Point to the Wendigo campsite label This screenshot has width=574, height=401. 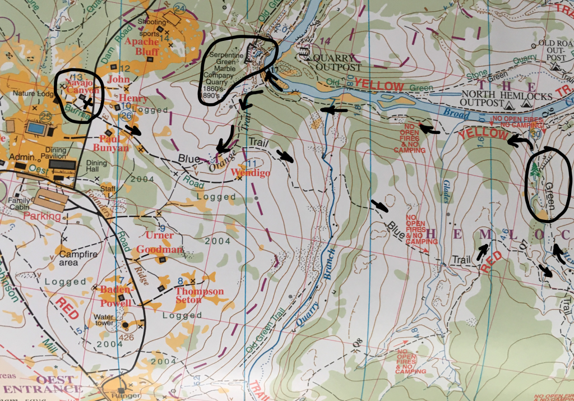pos(251,173)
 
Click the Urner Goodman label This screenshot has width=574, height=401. pos(164,242)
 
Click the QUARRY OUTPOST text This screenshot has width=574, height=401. pos(334,62)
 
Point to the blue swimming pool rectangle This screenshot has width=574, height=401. pos(36,128)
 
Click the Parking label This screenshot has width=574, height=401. pos(50,216)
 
